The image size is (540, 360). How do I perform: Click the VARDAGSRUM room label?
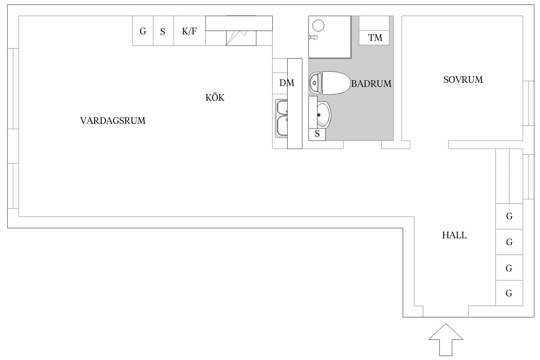coord(113,121)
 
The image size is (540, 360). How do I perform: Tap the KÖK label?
coord(215,98)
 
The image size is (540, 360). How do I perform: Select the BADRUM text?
coord(371,84)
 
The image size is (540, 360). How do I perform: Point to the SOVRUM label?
coord(463,80)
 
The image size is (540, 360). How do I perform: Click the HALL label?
coord(454,235)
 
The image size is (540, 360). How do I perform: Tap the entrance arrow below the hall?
coord(446,339)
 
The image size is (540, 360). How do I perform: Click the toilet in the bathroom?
coord(328,83)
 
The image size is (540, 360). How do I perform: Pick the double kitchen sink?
coord(281,118)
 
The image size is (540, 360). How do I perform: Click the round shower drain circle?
coord(318,25)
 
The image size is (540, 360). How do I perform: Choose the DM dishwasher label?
coord(287,83)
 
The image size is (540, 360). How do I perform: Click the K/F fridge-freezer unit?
coord(190,31)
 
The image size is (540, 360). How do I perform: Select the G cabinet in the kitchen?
coord(143,31)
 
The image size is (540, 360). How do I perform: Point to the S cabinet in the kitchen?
coord(163,31)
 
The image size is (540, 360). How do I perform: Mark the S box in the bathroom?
coord(317,134)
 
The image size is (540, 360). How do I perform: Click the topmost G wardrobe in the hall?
coord(509,216)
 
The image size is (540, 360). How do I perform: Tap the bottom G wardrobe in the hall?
coord(509,293)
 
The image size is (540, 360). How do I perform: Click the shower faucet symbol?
coord(313,37)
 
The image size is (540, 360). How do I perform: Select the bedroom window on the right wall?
coord(528,103)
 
